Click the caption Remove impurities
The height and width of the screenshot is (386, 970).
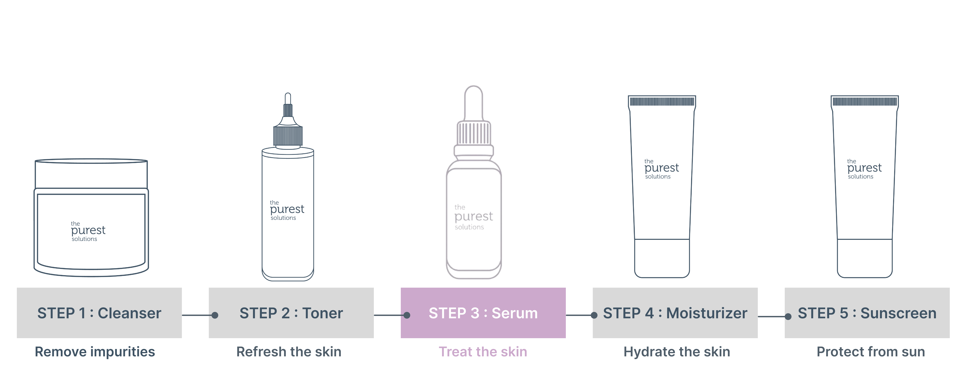(x=95, y=352)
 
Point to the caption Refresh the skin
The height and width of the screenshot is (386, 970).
(x=289, y=352)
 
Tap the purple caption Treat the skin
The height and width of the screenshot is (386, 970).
(x=483, y=352)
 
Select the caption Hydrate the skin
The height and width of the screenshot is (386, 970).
(x=677, y=352)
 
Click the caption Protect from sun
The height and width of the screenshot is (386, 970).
(x=871, y=352)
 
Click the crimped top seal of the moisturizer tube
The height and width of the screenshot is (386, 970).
(x=662, y=101)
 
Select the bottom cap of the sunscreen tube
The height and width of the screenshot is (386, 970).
(x=865, y=258)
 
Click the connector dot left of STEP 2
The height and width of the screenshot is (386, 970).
(x=215, y=315)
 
